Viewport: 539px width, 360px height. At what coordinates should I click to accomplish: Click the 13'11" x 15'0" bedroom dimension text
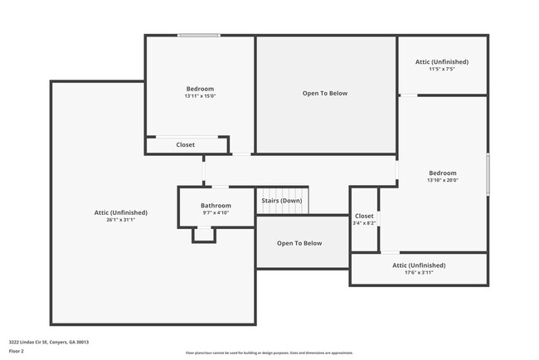[x=200, y=96]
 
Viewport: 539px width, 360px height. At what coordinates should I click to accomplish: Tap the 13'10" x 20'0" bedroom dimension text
[x=442, y=180]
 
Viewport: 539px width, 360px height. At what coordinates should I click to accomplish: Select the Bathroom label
[x=216, y=206]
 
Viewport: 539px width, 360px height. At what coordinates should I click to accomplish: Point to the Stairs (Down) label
[x=282, y=201]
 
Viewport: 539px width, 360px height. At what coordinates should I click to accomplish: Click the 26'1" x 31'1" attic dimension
[x=120, y=220]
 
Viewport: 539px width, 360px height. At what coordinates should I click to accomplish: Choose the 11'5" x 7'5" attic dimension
[x=442, y=69]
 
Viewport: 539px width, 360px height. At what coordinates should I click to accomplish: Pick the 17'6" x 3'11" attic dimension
[x=419, y=272]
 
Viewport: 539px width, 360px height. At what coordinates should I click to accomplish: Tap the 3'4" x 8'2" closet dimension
[x=365, y=223]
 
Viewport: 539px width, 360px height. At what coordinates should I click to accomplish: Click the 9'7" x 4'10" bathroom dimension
[x=216, y=213]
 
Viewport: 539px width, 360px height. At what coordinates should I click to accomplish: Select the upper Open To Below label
[x=324, y=94]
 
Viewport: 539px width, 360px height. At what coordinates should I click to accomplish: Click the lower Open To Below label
[x=299, y=243]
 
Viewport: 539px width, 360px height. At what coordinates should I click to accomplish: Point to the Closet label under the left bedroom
[x=186, y=144]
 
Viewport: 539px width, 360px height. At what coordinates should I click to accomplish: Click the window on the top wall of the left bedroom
[x=199, y=35]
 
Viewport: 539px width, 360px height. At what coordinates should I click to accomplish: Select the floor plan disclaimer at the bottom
[x=269, y=353]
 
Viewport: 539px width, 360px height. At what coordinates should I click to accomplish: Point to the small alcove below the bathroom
[x=204, y=234]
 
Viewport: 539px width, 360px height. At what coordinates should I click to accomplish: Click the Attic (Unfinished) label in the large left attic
[x=120, y=212]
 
